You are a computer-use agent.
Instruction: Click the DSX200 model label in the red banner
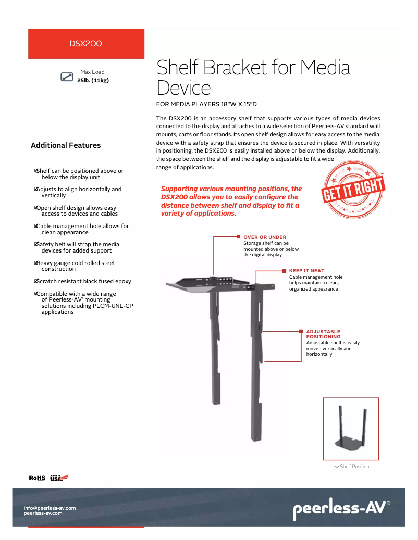point(85,44)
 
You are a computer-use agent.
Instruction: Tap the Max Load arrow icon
point(67,77)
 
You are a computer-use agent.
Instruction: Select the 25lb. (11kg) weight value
point(93,80)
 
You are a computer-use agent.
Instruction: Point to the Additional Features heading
point(66,145)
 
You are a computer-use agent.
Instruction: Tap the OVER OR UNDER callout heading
point(265,237)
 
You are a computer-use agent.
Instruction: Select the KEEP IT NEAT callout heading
point(306,271)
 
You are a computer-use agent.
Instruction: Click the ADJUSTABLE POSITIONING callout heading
point(323,334)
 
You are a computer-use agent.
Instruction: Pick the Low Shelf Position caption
point(349,467)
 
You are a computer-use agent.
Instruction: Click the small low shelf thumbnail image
point(351,429)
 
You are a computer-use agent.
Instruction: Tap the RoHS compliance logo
point(37,478)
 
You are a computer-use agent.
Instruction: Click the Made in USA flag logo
point(59,478)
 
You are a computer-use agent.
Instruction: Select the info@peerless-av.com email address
point(50,508)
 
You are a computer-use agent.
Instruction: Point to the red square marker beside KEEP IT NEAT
point(285,271)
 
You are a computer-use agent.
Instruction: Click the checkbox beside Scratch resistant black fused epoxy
point(36,281)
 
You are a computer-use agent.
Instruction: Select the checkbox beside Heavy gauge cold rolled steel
point(36,263)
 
